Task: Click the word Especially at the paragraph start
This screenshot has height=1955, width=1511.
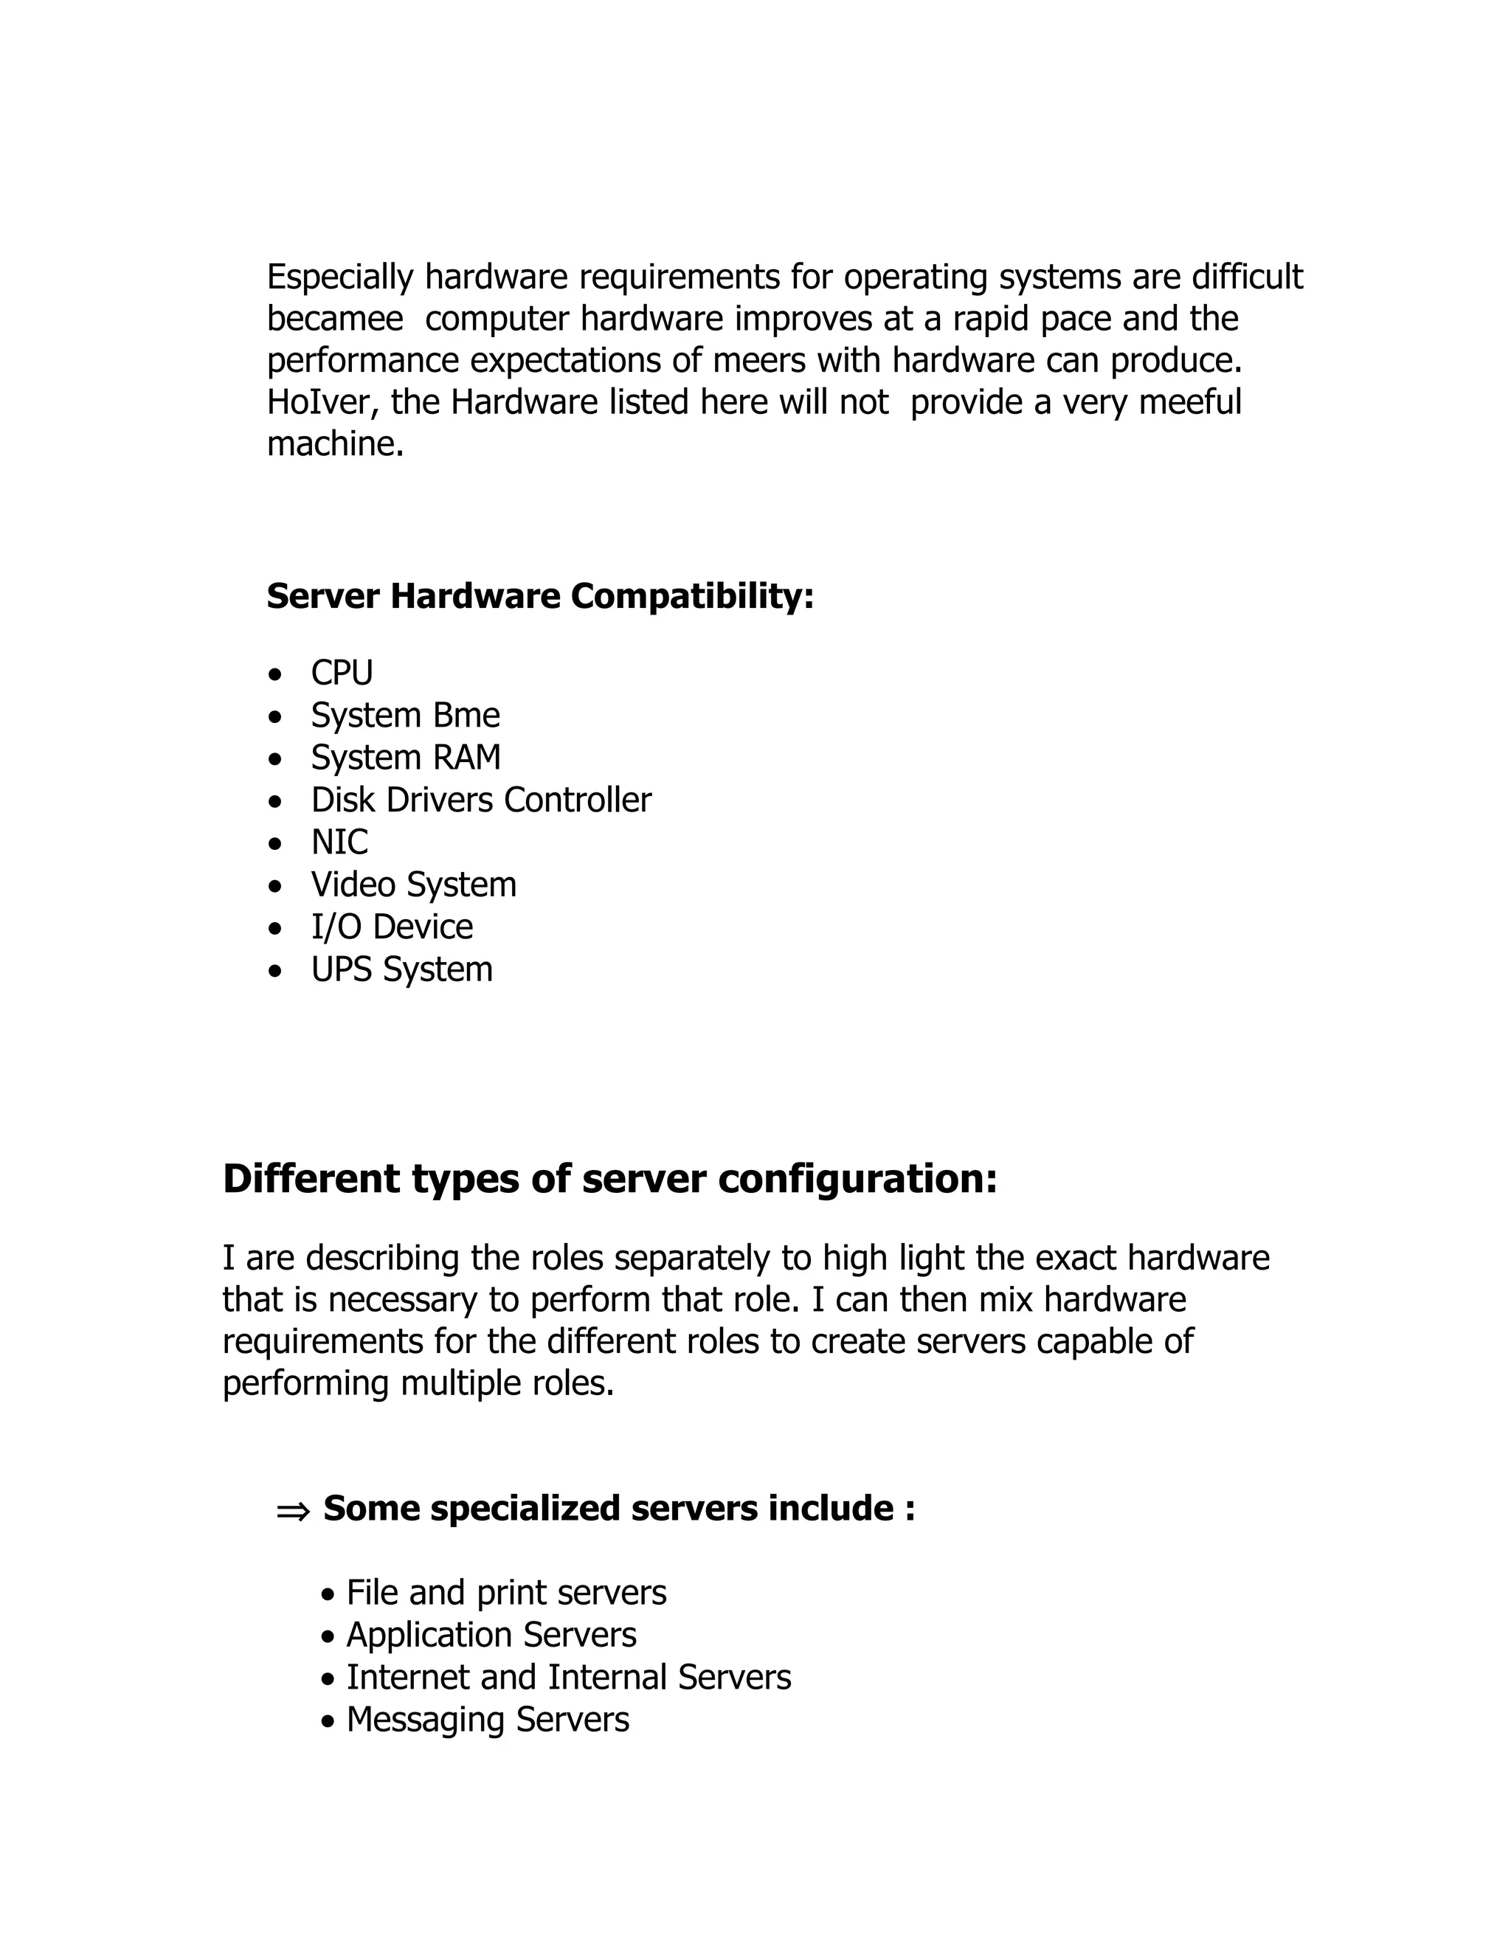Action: [x=339, y=277]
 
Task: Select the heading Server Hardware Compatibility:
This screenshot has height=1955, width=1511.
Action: [x=540, y=596]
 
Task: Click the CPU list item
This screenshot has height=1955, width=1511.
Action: [x=341, y=672]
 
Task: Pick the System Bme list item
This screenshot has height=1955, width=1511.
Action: [x=404, y=715]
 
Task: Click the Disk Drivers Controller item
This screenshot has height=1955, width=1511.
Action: [x=481, y=800]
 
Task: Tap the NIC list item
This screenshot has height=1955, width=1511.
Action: [x=339, y=842]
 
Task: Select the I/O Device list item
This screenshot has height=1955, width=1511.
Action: [x=391, y=927]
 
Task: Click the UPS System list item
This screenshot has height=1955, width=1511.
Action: [x=401, y=969]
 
